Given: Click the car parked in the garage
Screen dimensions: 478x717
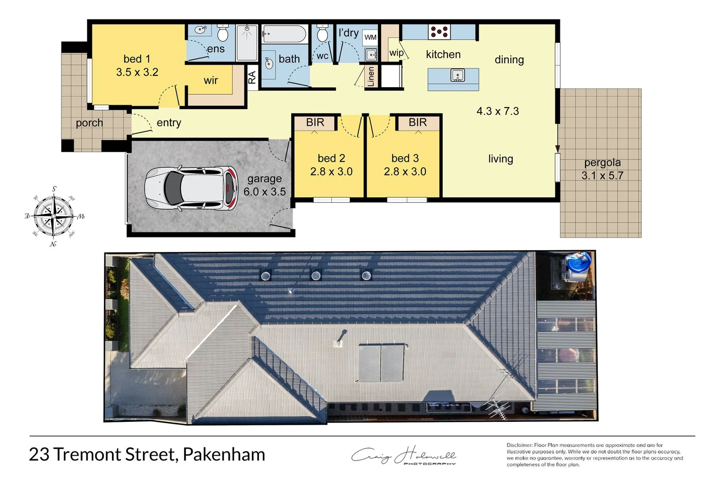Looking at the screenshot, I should point(191,188).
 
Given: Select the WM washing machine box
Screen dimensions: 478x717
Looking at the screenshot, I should point(370,37).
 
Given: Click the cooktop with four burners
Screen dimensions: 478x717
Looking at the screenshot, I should point(439,32).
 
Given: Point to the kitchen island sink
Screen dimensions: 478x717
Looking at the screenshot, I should point(457,76).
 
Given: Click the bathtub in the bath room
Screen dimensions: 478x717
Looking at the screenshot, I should point(284,34).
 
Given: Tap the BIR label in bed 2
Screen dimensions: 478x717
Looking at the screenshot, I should point(315,122).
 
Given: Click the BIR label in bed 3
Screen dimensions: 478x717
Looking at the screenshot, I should point(417,122).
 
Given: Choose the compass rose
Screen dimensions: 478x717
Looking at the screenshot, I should point(54,216).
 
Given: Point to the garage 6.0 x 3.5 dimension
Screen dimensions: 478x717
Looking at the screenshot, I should point(264,192).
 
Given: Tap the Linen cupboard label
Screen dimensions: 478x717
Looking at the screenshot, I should point(371,77).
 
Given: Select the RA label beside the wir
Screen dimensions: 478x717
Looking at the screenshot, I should point(252,78).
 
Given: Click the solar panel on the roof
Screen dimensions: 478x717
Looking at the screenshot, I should point(381,363).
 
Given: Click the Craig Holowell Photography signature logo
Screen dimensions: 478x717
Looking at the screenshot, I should point(403,456).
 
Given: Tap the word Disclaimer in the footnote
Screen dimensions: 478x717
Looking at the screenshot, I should point(519,445).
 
